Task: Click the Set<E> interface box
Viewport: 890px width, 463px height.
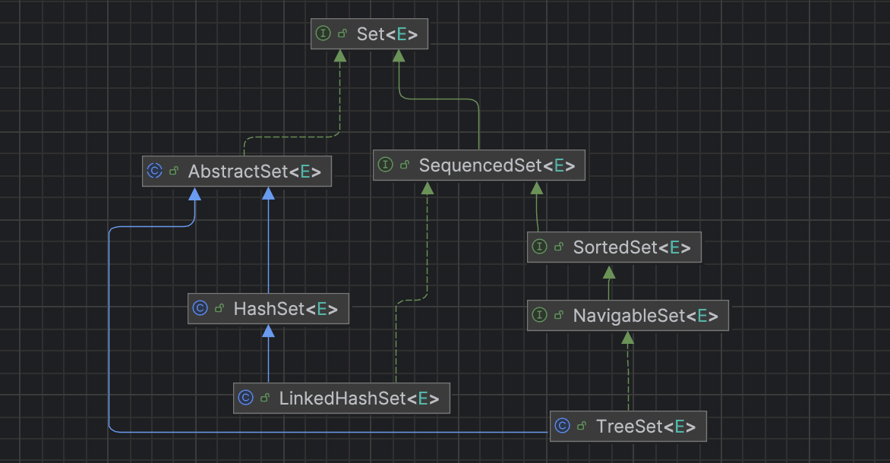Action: pos(369,34)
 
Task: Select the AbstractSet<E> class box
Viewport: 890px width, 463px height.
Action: pos(237,172)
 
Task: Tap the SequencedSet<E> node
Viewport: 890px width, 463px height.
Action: pos(479,165)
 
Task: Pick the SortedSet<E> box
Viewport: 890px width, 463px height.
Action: pos(614,247)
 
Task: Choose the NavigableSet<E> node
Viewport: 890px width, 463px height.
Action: pos(627,316)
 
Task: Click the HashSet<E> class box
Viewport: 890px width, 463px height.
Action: pos(269,309)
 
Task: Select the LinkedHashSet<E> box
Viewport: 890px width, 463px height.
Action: pos(341,398)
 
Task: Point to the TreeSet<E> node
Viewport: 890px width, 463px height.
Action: pos(627,427)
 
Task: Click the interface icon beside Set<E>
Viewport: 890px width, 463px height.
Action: pos(323,34)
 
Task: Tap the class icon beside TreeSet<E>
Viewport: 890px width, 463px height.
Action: pos(562,427)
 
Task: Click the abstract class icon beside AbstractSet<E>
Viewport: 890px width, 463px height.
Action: pos(154,172)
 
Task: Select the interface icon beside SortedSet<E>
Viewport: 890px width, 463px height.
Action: pos(539,247)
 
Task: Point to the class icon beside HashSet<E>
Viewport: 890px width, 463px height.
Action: pos(200,309)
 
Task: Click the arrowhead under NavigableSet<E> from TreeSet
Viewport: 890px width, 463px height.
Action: pos(627,339)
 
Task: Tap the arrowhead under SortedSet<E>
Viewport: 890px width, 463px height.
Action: pos(608,271)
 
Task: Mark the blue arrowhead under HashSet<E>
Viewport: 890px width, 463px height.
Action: pos(267,331)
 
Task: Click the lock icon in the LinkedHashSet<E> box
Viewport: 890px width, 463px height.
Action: pos(265,398)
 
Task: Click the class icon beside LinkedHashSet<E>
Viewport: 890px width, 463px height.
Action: pos(245,398)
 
